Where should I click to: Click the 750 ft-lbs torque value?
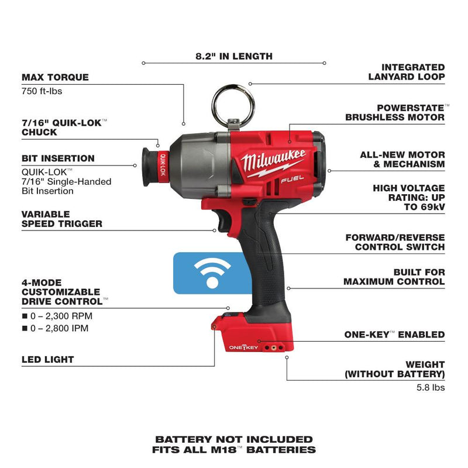(x=43, y=91)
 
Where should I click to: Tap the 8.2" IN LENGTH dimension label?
(x=234, y=57)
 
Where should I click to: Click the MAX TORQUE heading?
(x=55, y=77)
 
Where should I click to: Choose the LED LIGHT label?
(x=48, y=359)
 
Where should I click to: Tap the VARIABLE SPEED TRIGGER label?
(x=61, y=219)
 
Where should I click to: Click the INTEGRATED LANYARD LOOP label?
(x=406, y=72)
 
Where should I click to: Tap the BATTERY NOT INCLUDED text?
(x=234, y=439)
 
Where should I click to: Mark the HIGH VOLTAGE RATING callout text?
(x=408, y=197)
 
